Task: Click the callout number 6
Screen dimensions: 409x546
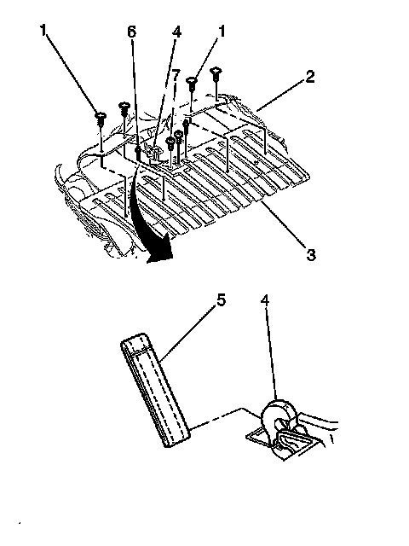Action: click(131, 32)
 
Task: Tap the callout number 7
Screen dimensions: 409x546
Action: click(176, 76)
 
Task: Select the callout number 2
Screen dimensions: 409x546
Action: click(309, 77)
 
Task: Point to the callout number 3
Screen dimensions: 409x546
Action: click(310, 254)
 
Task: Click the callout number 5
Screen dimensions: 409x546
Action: click(222, 300)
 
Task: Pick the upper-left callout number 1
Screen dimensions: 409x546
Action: click(43, 31)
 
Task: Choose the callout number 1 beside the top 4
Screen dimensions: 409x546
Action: click(222, 32)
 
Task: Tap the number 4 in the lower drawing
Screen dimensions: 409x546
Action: click(265, 300)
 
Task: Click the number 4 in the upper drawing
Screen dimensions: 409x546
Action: click(176, 32)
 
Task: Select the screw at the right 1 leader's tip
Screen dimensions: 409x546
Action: click(192, 82)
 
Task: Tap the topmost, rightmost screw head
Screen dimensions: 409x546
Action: click(216, 72)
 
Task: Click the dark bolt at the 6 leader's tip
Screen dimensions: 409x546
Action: click(138, 152)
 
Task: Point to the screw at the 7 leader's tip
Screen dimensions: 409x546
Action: click(170, 142)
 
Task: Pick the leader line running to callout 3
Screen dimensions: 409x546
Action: click(284, 224)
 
